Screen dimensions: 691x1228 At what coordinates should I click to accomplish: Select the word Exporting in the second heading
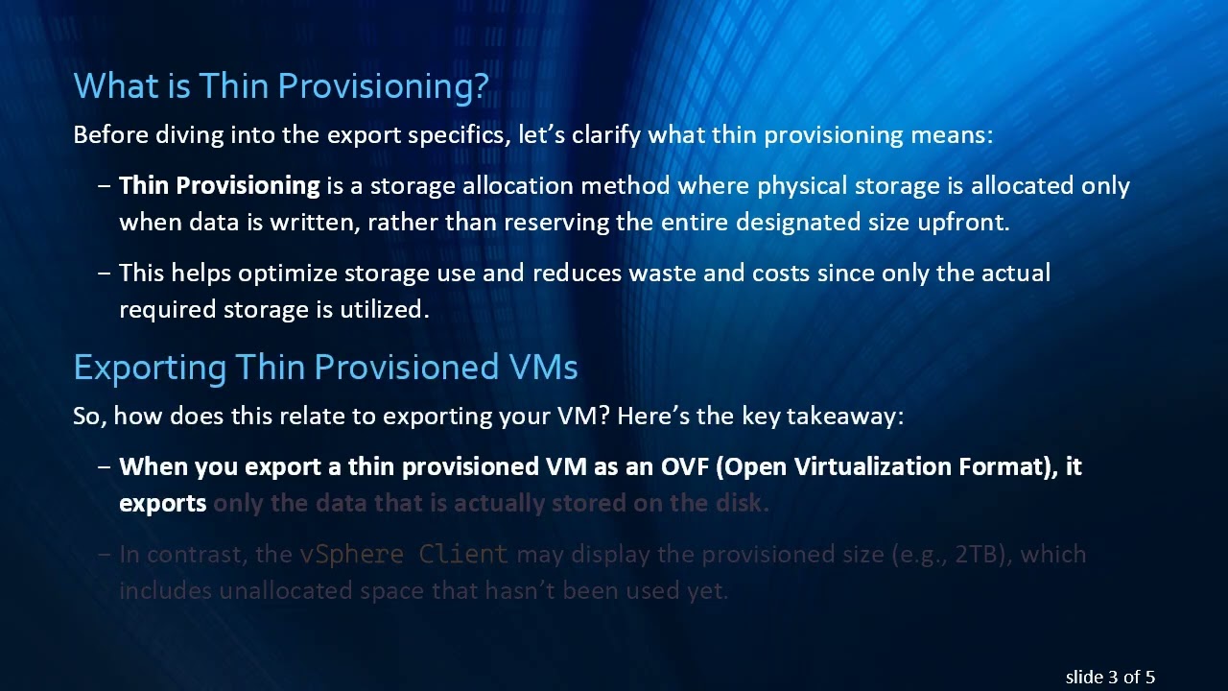tap(150, 368)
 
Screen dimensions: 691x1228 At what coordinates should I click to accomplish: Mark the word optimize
tap(288, 274)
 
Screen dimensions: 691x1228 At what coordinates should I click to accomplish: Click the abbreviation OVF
tap(685, 467)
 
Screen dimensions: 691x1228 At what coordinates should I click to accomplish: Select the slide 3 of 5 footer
tap(1110, 677)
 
